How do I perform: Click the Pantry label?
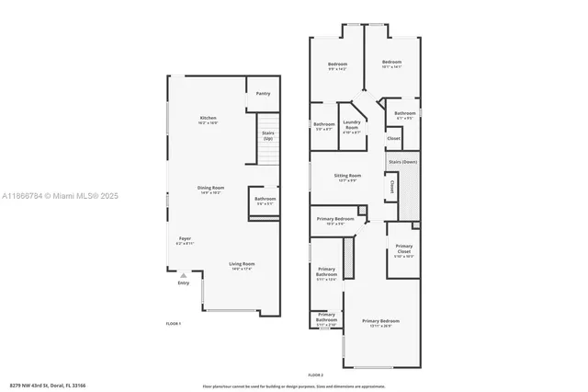(x=263, y=93)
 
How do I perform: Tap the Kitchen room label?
(x=209, y=120)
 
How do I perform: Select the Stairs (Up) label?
(x=268, y=135)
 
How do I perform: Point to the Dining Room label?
(x=210, y=190)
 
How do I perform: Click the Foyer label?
(x=185, y=240)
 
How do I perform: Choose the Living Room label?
(x=242, y=266)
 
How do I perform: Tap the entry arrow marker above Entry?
(x=184, y=274)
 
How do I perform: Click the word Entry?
(x=183, y=282)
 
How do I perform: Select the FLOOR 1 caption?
(x=173, y=324)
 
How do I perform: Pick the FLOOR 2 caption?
(x=316, y=375)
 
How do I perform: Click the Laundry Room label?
(x=351, y=127)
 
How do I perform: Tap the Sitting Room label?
(x=347, y=177)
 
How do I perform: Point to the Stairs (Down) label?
(x=402, y=161)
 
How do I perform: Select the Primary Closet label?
(x=404, y=248)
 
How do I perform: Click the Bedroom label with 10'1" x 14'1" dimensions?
(x=392, y=63)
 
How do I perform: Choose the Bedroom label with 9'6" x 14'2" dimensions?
(x=337, y=63)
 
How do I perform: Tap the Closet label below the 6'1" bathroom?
(x=393, y=139)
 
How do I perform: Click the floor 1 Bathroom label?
(x=266, y=200)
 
